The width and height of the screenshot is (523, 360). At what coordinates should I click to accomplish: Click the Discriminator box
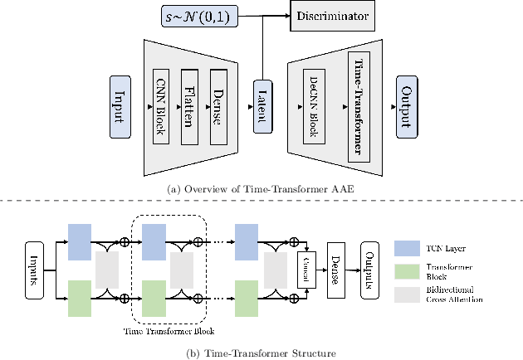click(x=330, y=16)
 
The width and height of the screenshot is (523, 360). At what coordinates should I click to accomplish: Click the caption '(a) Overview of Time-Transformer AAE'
click(x=261, y=188)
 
